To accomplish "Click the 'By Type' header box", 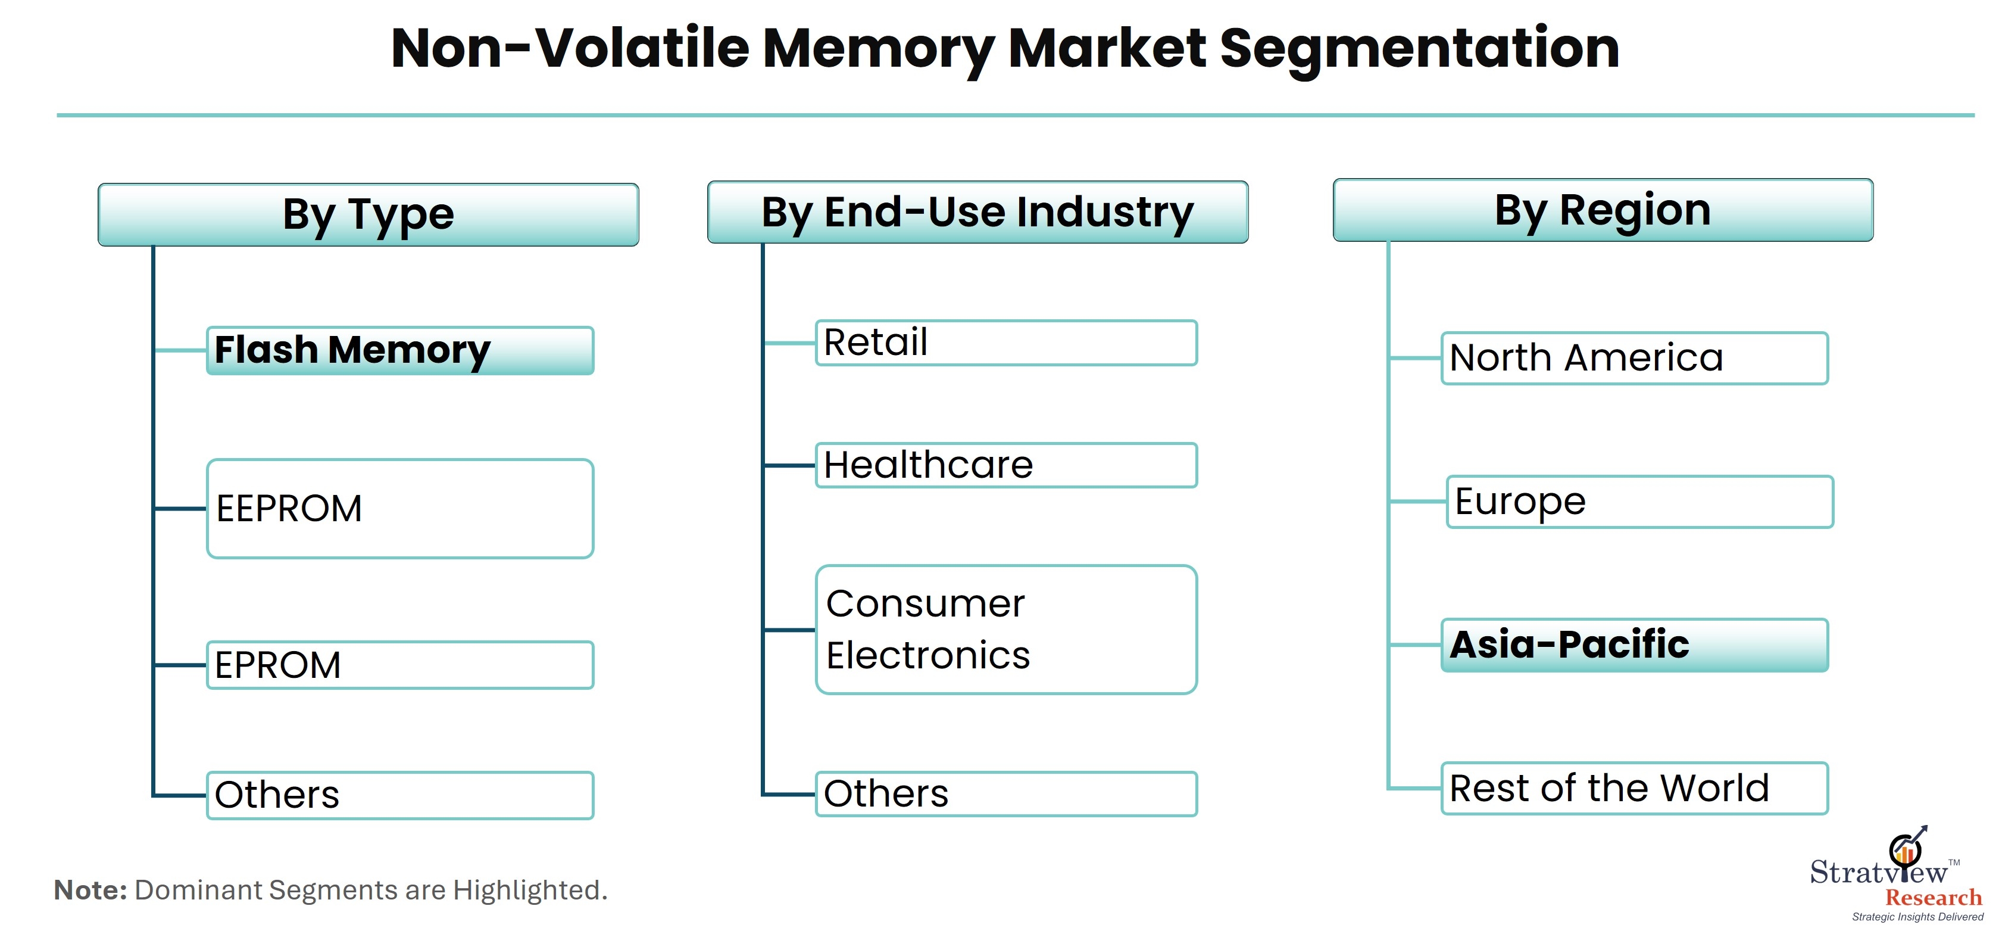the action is (368, 215).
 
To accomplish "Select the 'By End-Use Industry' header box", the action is (977, 212).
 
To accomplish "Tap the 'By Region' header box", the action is (1603, 210).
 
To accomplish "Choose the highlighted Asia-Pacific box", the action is (1635, 645).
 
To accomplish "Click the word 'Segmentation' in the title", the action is (1420, 49).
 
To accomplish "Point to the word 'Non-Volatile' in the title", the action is (570, 48).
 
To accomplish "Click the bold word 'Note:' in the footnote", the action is (90, 890).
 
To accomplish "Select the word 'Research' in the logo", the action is (1933, 898).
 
